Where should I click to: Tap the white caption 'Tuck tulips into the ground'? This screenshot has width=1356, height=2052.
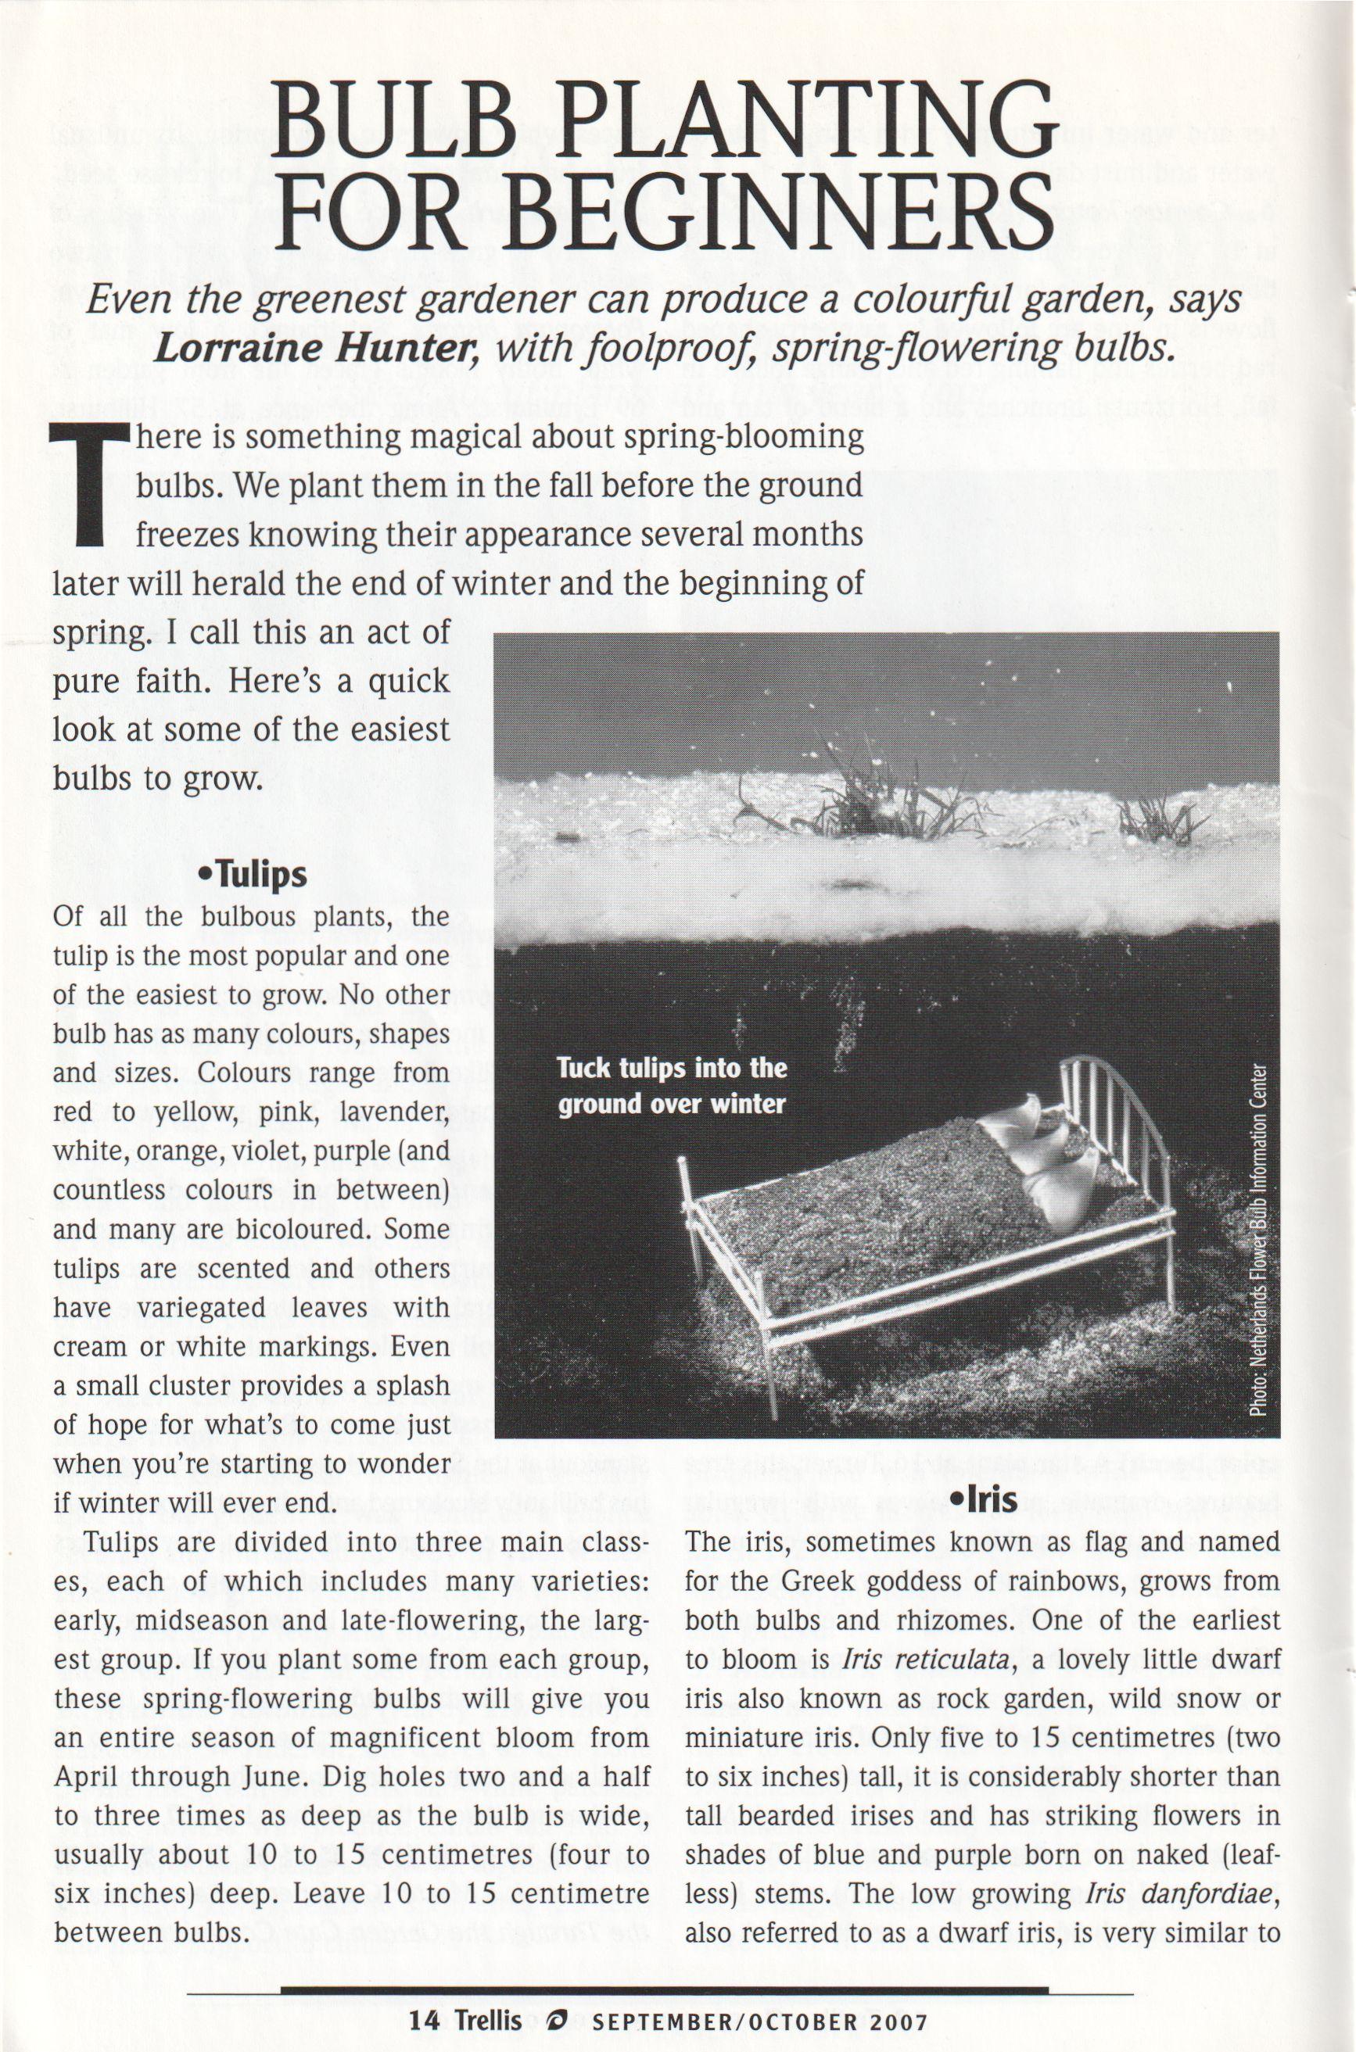tap(671, 1086)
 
